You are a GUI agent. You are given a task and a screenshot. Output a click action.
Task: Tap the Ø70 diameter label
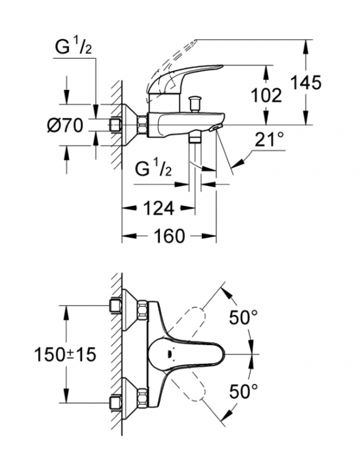65,125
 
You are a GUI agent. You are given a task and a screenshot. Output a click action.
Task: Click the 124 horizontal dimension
157,208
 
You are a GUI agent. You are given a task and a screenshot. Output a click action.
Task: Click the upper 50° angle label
242,318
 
